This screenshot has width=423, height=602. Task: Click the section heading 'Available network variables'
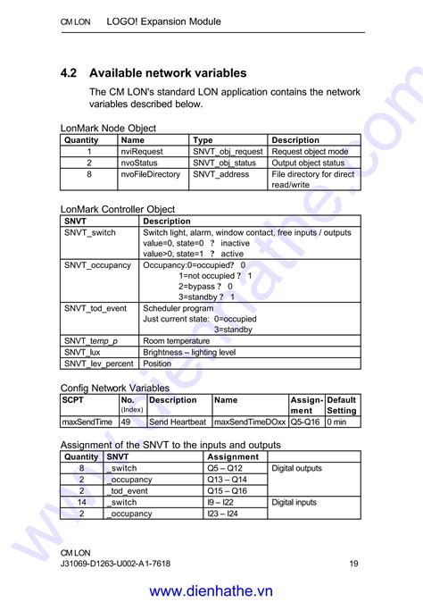[x=168, y=73]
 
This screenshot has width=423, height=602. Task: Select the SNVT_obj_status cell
[x=224, y=163]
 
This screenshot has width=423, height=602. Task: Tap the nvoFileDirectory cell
[x=150, y=175]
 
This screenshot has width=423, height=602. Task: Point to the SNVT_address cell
[x=221, y=175]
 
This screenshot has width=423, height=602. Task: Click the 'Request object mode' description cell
[x=310, y=152]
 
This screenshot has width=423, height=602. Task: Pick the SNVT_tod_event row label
[x=95, y=308]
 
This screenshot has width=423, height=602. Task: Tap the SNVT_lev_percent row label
[x=98, y=364]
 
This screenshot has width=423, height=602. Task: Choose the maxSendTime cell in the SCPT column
[x=87, y=422]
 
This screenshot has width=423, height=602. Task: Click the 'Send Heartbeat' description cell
[x=177, y=422]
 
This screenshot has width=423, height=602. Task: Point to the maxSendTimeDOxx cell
[x=250, y=422]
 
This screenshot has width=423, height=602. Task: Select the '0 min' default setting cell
[x=337, y=422]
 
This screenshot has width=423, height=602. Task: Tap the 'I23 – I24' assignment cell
[x=223, y=514]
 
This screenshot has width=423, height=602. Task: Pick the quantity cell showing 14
[x=82, y=503]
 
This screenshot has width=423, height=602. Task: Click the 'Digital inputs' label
[x=294, y=503]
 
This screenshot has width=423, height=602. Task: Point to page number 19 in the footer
[x=354, y=564]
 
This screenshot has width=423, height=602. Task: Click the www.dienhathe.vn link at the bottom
[x=211, y=590]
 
